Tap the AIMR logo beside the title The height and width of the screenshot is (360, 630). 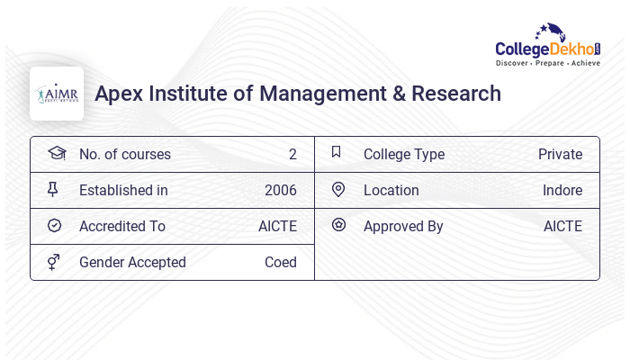(57, 94)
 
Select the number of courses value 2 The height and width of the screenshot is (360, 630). (292, 155)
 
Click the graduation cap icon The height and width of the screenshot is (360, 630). (56, 153)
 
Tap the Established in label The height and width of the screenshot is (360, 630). (123, 191)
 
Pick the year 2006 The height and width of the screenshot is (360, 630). (281, 191)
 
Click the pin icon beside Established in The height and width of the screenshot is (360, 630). (53, 190)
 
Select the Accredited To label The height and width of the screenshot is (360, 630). (122, 227)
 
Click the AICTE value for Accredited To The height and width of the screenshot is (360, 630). (277, 227)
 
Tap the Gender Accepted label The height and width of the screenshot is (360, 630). (132, 263)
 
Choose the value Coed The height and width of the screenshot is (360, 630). (281, 263)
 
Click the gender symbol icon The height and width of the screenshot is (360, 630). (54, 262)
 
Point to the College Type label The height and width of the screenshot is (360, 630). (404, 155)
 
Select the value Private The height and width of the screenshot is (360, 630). (560, 155)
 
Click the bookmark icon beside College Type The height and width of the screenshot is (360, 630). (337, 153)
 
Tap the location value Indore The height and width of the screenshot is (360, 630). (562, 191)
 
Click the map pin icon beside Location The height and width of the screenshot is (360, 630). (338, 190)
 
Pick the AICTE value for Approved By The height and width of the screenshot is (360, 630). (562, 227)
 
